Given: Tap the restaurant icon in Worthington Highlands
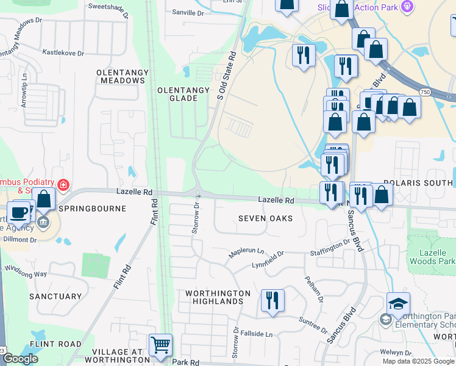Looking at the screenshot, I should coord(272,300).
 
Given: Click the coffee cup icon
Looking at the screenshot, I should coord(20,212).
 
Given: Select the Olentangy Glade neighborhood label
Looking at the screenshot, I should coord(183,94).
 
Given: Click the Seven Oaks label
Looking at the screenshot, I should coord(265,218).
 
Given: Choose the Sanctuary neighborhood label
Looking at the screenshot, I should coord(55,296).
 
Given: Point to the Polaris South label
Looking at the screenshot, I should coord(419,183).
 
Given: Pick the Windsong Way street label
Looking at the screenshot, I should coord(26,271).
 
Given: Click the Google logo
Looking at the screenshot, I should coord(21,359).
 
